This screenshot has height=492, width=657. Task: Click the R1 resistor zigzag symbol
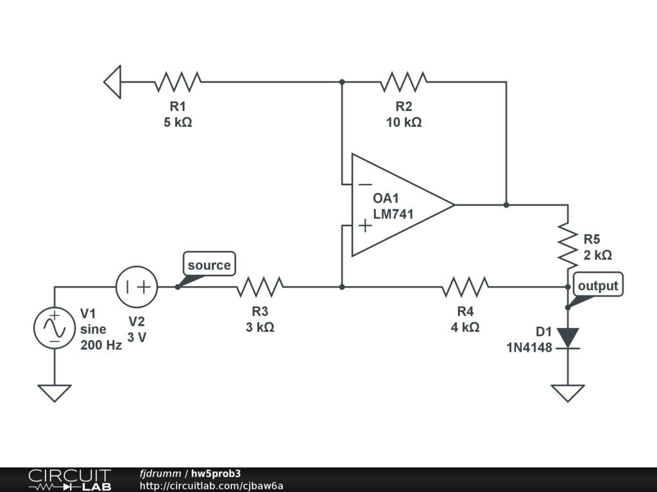pyautogui.click(x=178, y=82)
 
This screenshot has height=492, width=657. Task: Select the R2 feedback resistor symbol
pyautogui.click(x=404, y=82)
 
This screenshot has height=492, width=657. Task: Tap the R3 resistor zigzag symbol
pyautogui.click(x=260, y=287)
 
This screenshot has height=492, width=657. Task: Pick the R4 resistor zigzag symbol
pyautogui.click(x=465, y=287)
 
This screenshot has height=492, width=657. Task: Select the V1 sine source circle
pyautogui.click(x=55, y=328)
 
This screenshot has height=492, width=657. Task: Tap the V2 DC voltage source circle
pyautogui.click(x=137, y=287)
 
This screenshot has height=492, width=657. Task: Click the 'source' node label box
pyautogui.click(x=209, y=263)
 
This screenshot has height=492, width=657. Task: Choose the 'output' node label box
pyautogui.click(x=598, y=284)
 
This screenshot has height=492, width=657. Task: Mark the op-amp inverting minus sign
pyautogui.click(x=365, y=184)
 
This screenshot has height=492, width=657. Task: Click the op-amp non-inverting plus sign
pyautogui.click(x=365, y=225)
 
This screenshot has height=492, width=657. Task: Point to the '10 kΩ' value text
pyautogui.click(x=404, y=122)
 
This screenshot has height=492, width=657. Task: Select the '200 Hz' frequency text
pyautogui.click(x=101, y=345)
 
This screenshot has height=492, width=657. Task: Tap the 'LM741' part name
pyautogui.click(x=393, y=214)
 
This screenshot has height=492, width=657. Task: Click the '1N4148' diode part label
pyautogui.click(x=529, y=348)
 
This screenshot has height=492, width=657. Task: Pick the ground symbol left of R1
pyautogui.click(x=112, y=82)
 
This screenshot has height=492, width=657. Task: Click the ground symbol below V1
pyautogui.click(x=55, y=393)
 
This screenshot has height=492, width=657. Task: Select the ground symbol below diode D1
pyautogui.click(x=568, y=393)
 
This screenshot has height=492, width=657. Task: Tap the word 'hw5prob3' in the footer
pyautogui.click(x=216, y=473)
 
